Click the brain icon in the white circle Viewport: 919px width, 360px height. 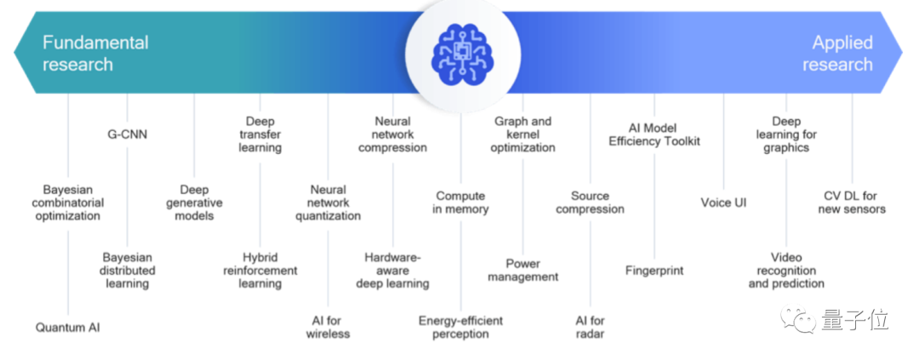pyautogui.click(x=460, y=53)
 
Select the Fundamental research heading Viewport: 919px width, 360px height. pyautogui.click(x=95, y=54)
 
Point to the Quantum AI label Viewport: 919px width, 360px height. pyautogui.click(x=67, y=327)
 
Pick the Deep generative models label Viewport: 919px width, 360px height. pyautogui.click(x=196, y=203)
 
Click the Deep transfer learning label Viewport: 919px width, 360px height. pyautogui.click(x=260, y=134)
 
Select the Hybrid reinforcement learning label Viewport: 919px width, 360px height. pyautogui.click(x=260, y=270)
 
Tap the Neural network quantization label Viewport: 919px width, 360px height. pyautogui.click(x=328, y=203)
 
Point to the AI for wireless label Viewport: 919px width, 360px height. pyautogui.click(x=328, y=327)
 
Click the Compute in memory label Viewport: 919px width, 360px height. pyautogui.click(x=460, y=203)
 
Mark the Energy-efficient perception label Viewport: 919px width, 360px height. pyautogui.click(x=460, y=327)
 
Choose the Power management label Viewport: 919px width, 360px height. pyautogui.click(x=523, y=270)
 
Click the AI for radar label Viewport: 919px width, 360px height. pyautogui.click(x=590, y=327)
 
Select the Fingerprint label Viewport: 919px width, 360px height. pyautogui.click(x=654, y=271)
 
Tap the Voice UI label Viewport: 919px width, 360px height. pyautogui.click(x=724, y=203)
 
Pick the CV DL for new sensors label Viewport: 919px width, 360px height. pyautogui.click(x=852, y=203)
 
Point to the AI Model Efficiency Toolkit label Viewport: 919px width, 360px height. pyautogui.click(x=654, y=134)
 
